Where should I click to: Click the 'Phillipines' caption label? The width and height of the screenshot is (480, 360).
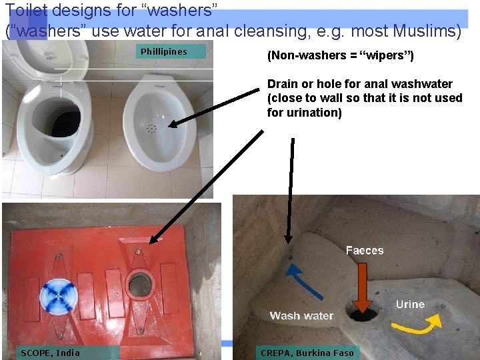coord(164,52)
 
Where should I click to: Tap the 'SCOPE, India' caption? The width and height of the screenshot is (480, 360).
coord(50,353)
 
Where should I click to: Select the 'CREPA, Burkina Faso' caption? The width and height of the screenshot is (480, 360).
coord(307,353)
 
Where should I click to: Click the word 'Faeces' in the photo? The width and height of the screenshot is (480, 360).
coord(365,251)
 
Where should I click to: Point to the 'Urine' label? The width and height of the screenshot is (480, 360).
coord(410,304)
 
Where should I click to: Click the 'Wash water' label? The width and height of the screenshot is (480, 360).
coord(301,315)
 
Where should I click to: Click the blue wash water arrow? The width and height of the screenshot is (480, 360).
coord(303,281)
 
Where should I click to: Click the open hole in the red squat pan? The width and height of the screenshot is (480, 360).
coord(141,285)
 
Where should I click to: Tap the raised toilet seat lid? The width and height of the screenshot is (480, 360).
coord(47,56)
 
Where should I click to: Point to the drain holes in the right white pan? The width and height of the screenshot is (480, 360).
coord(151,127)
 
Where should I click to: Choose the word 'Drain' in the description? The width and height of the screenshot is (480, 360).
coord(283,84)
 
